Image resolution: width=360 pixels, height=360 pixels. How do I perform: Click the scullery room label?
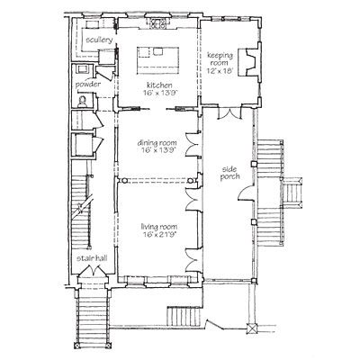point(99,40)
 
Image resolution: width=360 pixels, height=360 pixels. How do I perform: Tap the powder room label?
point(88,85)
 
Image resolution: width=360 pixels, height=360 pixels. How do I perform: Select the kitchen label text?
point(159,85)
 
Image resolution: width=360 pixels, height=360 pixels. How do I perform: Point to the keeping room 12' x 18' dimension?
point(220,71)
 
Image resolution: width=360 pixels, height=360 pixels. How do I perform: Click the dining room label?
point(157,143)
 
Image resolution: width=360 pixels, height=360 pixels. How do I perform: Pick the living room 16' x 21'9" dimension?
point(158,234)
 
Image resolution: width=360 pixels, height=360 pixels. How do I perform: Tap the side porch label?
point(229,173)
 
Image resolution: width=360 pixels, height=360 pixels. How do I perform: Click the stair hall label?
point(91,258)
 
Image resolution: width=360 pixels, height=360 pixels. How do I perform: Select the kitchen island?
point(157,60)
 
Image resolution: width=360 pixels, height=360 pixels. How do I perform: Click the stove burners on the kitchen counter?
point(157,23)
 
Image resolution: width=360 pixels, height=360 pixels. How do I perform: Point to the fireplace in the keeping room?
point(248,63)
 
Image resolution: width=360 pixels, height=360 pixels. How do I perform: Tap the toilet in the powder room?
point(82,102)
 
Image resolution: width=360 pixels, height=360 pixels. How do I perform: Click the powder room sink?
point(82,69)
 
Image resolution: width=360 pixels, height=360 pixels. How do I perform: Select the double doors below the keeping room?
point(229,113)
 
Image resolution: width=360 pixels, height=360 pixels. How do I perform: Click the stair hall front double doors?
point(93,271)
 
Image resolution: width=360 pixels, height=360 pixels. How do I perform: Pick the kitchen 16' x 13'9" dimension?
point(161,93)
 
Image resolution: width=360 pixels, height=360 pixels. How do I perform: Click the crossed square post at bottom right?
point(251,328)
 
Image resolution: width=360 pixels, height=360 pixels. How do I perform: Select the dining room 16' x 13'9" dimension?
point(157,150)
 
